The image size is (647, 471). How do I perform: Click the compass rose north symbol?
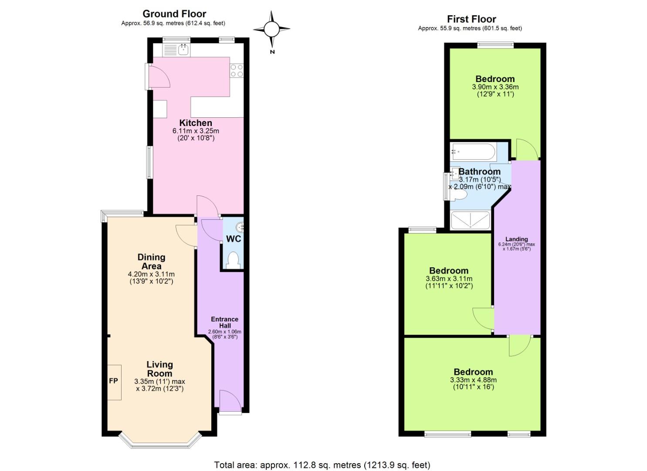pos(271,30)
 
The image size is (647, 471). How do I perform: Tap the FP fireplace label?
pos(113,381)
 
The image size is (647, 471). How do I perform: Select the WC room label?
pos(234,239)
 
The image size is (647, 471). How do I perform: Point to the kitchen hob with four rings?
pos(237,71)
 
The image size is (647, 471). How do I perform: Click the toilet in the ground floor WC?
pos(234,260)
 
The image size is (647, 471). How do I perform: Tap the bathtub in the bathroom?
pos(473,152)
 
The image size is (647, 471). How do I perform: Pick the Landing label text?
pos(516,239)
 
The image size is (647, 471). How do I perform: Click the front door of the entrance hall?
pos(230,401)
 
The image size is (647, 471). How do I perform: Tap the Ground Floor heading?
pos(174,14)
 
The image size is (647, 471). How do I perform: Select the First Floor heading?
pos(471,19)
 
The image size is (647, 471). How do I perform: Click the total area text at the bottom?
pos(322,465)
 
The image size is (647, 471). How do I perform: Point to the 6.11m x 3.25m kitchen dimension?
pos(196,131)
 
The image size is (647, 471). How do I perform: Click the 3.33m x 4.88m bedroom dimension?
pos(473,380)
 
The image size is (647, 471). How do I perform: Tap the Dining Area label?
pos(151,261)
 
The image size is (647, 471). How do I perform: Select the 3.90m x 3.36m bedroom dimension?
pos(495,87)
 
